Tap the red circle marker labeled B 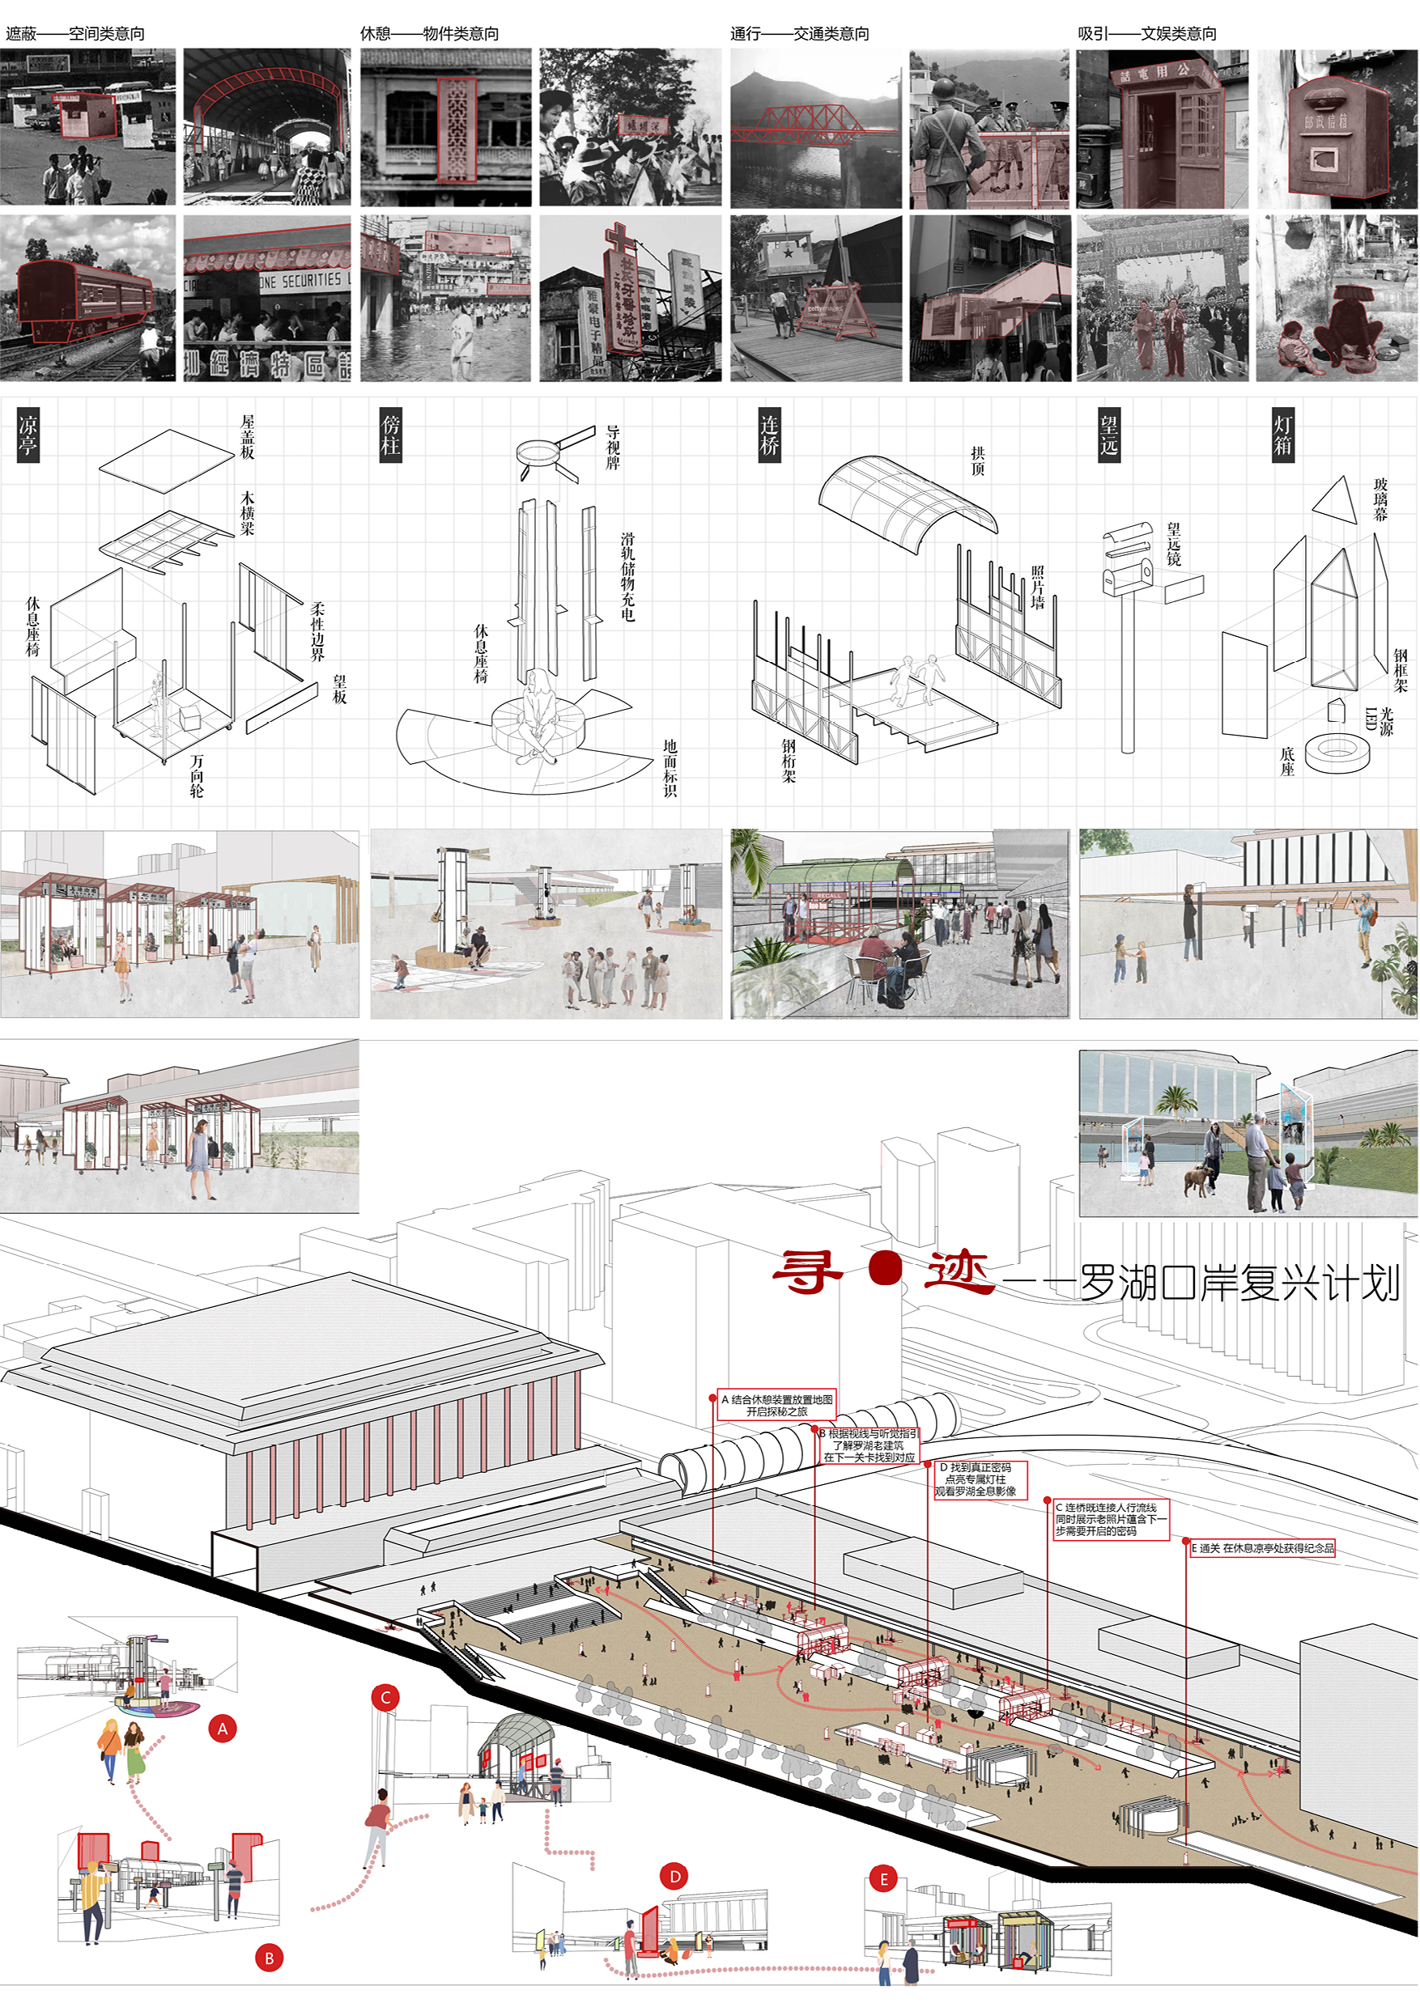pyautogui.click(x=270, y=1958)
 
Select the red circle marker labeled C pyautogui.click(x=385, y=1698)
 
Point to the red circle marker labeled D pyautogui.click(x=674, y=1876)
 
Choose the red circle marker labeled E pyautogui.click(x=883, y=1878)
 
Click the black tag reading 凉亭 pyautogui.click(x=28, y=435)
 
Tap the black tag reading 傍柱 pyautogui.click(x=390, y=435)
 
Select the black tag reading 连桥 pyautogui.click(x=768, y=435)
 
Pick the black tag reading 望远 pyautogui.click(x=1109, y=435)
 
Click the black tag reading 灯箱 pyautogui.click(x=1282, y=435)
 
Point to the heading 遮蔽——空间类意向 pyautogui.click(x=75, y=33)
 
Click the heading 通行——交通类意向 pyautogui.click(x=799, y=33)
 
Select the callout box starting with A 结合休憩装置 pyautogui.click(x=776, y=1405)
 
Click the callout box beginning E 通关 pyautogui.click(x=1262, y=1548)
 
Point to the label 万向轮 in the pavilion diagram pyautogui.click(x=197, y=775)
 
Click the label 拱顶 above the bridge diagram pyautogui.click(x=977, y=460)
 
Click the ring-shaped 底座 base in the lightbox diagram pyautogui.click(x=1337, y=751)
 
